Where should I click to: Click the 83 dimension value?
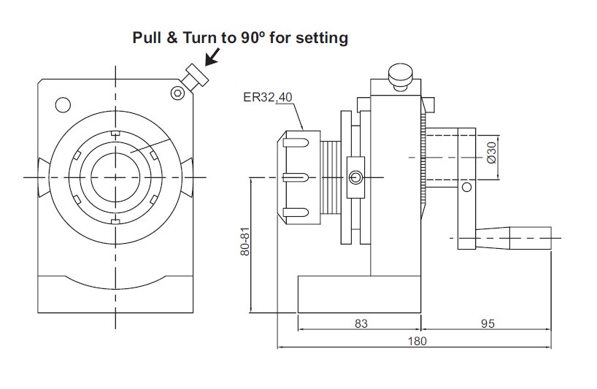[x=361, y=323]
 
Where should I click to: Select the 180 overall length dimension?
[x=417, y=341]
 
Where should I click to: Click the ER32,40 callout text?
[x=267, y=96]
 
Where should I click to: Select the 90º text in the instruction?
[x=251, y=38]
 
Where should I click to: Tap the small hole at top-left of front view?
[x=61, y=104]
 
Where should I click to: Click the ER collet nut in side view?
[x=301, y=176]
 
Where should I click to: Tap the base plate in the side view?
[x=359, y=294]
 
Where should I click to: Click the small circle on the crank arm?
[x=466, y=188]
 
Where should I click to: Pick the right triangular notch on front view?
[x=188, y=175]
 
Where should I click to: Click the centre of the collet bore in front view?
[x=115, y=177]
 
